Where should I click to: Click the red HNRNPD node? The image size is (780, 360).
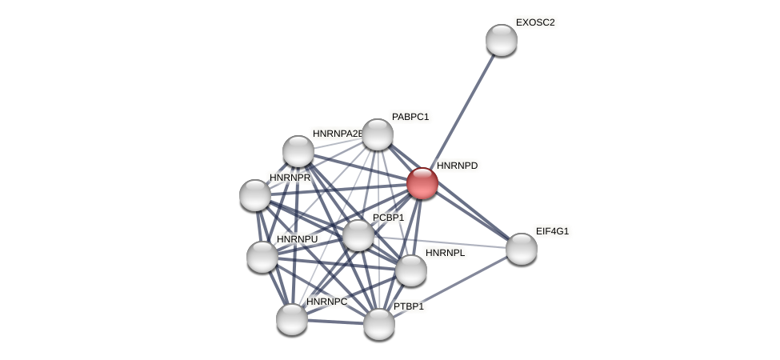[422, 183]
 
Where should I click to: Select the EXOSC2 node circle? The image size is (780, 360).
[502, 40]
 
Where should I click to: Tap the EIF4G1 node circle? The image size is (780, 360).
[522, 249]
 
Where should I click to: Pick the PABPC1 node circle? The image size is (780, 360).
[378, 134]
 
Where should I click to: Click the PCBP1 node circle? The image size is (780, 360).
[358, 235]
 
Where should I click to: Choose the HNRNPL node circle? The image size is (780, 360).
[411, 270]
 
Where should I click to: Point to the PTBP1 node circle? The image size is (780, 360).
[379, 324]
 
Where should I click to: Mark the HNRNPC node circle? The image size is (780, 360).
[292, 319]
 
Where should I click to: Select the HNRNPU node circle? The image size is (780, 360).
[262, 257]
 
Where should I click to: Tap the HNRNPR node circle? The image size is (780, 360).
[255, 195]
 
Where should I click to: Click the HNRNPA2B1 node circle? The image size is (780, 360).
[298, 151]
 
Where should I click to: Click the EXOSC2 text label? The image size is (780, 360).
[535, 22]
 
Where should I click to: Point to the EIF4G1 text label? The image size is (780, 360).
[552, 231]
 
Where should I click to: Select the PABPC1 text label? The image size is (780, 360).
[410, 117]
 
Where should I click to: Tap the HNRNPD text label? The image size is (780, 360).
[457, 166]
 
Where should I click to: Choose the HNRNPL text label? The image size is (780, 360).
[445, 253]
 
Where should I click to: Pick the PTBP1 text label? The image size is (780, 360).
[409, 306]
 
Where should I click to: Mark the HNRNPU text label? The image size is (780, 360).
[297, 239]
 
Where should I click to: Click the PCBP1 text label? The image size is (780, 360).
[389, 218]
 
